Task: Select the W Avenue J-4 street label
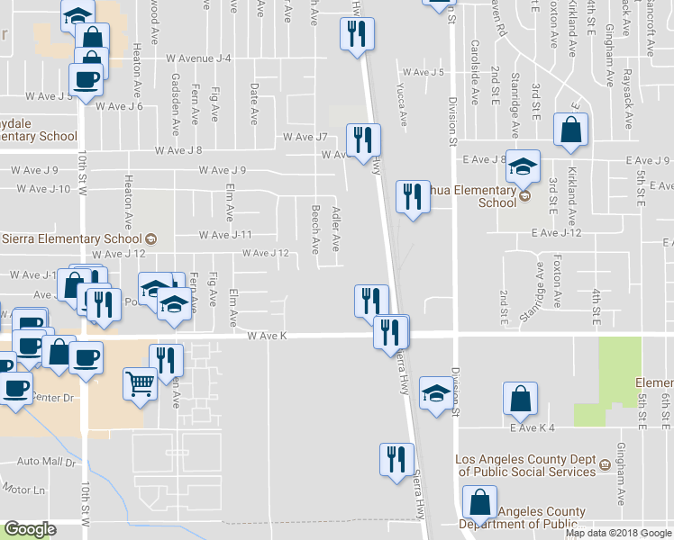click(199, 58)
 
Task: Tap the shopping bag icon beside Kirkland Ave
click(571, 130)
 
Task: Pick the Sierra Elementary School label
click(72, 238)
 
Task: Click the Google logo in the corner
click(30, 529)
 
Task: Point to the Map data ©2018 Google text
click(617, 533)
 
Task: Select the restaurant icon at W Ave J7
click(363, 140)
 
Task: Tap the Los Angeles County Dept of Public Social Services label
click(526, 465)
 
